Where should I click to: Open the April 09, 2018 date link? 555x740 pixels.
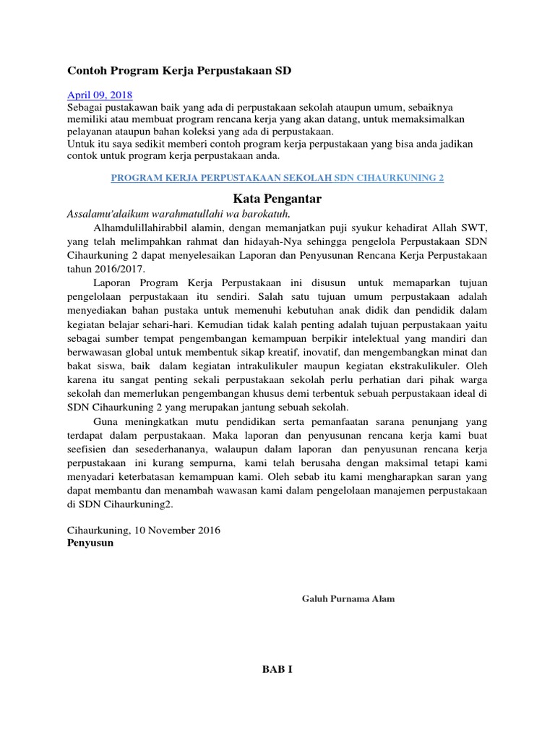pyautogui.click(x=100, y=95)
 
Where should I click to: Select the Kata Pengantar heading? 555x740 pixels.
pyautogui.click(x=277, y=198)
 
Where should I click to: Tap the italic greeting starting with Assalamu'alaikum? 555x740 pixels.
pyautogui.click(x=178, y=214)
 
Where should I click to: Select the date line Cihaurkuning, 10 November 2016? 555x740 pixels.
pyautogui.click(x=143, y=530)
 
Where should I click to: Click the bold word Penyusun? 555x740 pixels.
pyautogui.click(x=90, y=543)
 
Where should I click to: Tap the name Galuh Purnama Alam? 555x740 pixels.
pyautogui.click(x=348, y=599)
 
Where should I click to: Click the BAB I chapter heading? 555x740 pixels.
pyautogui.click(x=277, y=669)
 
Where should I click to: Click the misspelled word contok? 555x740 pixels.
pyautogui.click(x=83, y=155)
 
